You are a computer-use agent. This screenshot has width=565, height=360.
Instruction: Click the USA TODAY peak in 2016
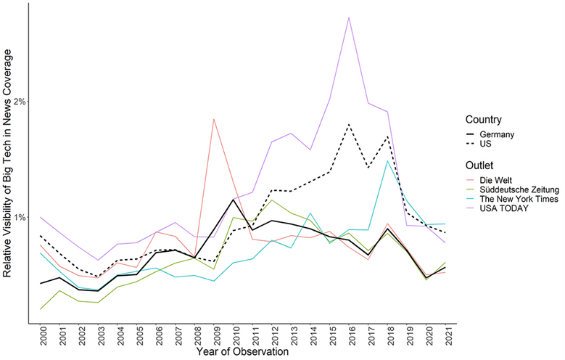point(349,17)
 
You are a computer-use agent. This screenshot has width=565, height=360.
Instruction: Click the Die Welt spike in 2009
point(213,119)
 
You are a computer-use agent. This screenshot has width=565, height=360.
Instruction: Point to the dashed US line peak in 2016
point(349,124)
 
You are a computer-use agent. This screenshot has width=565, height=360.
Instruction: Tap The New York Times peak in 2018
point(388,161)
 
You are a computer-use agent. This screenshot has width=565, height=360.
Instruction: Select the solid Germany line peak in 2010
point(233,200)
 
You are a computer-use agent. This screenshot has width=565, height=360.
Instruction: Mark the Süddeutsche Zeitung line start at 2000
point(41,309)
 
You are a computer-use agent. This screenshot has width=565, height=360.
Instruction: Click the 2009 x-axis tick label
point(214,335)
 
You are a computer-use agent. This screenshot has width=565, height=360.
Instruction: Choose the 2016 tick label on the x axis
point(349,335)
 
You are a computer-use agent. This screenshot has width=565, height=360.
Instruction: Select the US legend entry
point(488,144)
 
